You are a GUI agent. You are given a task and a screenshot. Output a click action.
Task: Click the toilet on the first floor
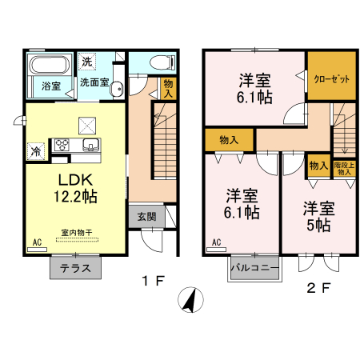point(156,62)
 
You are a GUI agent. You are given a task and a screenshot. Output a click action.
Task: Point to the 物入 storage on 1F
point(167,88)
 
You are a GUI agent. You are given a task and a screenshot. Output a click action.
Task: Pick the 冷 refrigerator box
point(36,149)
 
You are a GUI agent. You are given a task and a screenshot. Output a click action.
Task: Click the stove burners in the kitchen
point(62,145)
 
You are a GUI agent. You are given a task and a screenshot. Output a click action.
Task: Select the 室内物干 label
point(77,233)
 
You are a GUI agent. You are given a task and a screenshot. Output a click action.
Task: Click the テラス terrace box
point(76,267)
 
